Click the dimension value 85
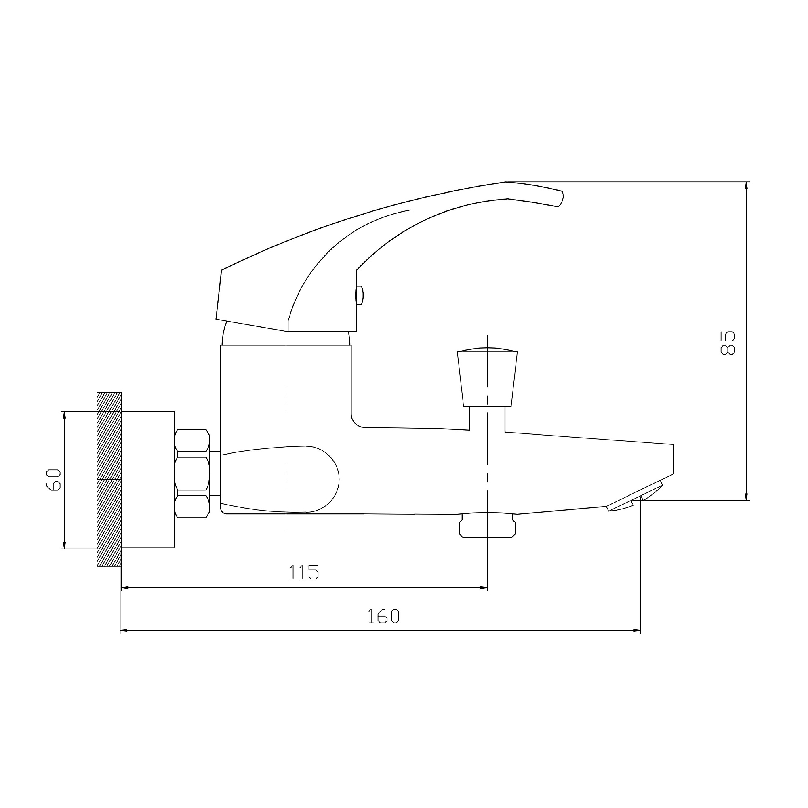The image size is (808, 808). pos(727,343)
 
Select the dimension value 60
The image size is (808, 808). pos(54,480)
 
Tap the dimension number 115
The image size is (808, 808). pos(304,572)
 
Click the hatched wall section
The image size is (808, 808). pos(109,479)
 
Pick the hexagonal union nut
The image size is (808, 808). pos(192,473)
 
